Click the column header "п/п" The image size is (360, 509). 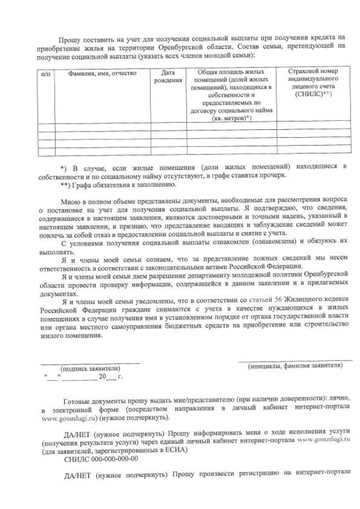[x=46, y=74]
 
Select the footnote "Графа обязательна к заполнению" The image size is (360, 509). [x=121, y=184]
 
